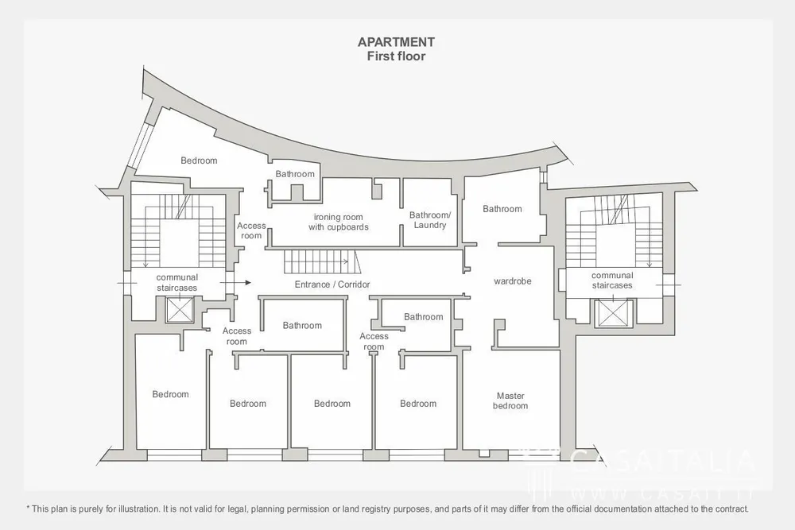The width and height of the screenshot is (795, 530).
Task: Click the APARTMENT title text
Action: [x=396, y=42]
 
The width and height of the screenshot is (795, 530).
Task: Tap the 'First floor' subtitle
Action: [x=396, y=56]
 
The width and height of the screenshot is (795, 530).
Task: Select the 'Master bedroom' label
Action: [x=510, y=400]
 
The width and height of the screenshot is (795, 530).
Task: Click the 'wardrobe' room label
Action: [x=513, y=281]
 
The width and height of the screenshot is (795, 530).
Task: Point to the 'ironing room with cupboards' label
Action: [x=338, y=222]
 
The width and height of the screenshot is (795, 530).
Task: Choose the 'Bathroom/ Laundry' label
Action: [x=430, y=220]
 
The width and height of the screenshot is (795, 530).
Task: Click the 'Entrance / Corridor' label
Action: [x=332, y=284]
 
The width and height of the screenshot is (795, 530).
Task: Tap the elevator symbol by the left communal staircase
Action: [x=180, y=310]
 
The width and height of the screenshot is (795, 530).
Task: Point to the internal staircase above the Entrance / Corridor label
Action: [x=321, y=261]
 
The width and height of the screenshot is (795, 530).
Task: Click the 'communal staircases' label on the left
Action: [x=177, y=283]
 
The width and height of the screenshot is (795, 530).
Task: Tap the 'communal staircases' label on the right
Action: [x=612, y=280]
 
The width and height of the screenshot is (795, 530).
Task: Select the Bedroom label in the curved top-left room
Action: [x=199, y=161]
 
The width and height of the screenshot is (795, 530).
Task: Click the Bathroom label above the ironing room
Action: [x=295, y=174]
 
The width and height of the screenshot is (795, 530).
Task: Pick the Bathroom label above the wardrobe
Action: [x=502, y=209]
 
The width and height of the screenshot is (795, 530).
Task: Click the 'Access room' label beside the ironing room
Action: [x=251, y=230]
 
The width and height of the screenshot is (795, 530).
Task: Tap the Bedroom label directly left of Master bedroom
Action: [x=418, y=404]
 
